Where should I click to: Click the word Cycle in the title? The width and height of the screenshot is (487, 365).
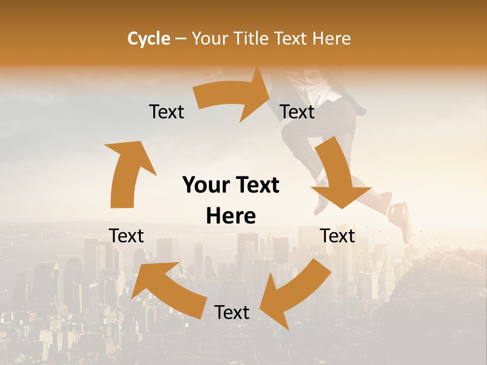click(x=149, y=39)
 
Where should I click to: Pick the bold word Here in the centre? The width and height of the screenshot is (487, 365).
click(x=231, y=216)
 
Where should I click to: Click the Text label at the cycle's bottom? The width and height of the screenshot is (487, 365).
click(x=232, y=312)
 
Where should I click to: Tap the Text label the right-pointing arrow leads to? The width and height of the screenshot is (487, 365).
click(x=297, y=112)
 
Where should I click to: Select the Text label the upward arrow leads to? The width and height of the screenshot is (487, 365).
click(x=166, y=112)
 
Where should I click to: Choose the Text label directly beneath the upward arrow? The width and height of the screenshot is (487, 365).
click(x=126, y=236)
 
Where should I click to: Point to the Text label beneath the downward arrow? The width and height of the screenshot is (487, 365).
click(x=337, y=236)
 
